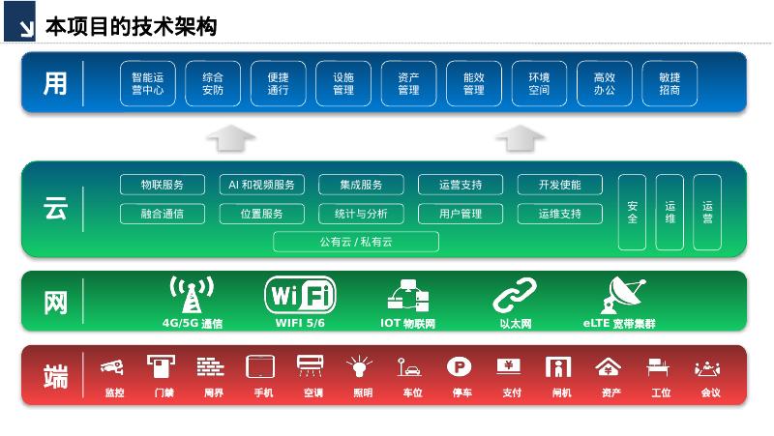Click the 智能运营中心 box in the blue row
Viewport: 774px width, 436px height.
click(147, 83)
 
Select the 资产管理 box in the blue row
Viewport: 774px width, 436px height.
click(408, 83)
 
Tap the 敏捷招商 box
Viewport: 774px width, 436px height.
click(670, 83)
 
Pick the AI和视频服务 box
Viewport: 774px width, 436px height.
click(261, 185)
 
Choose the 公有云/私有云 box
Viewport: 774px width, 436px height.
click(356, 242)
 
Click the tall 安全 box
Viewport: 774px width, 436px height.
click(632, 212)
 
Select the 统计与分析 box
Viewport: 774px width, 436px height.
click(361, 214)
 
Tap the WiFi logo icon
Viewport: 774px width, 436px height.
click(301, 294)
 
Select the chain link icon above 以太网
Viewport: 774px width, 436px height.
click(515, 295)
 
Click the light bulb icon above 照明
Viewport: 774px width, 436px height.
click(360, 366)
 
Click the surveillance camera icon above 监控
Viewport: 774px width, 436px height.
click(113, 366)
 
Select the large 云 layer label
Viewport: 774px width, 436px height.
click(55, 209)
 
